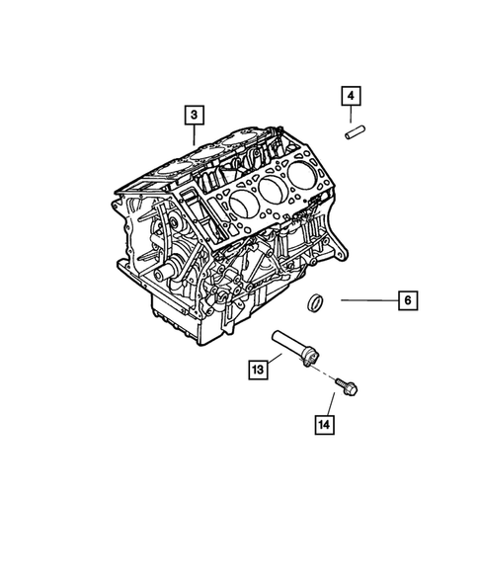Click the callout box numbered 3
pos(195,117)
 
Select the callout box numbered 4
pos(352,96)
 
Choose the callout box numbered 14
pos(324,426)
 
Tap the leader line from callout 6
pos(365,298)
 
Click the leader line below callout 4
pos(352,113)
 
